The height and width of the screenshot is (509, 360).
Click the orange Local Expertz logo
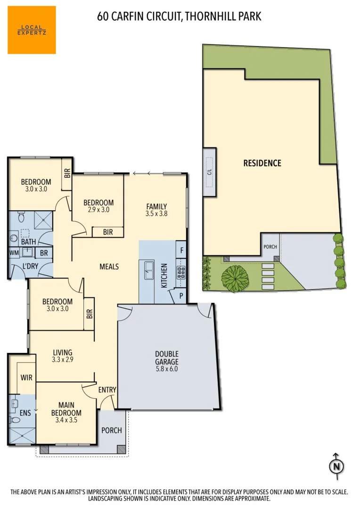(32, 30)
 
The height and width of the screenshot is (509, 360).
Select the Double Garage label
(167, 358)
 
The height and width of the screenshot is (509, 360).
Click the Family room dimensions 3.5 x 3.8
(157, 213)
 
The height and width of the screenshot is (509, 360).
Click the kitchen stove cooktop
(181, 273)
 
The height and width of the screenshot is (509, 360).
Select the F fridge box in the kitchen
(181, 249)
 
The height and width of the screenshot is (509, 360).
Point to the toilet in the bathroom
(20, 218)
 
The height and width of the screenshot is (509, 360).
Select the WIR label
(26, 378)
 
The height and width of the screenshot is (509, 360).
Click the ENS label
(25, 413)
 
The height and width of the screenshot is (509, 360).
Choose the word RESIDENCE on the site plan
(262, 163)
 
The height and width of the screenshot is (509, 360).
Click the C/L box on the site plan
(210, 172)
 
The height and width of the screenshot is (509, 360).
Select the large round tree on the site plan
(235, 278)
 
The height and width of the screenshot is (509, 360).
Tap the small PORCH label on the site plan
(270, 246)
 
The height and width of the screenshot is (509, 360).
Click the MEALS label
(109, 267)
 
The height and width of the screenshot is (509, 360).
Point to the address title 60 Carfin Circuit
(179, 17)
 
